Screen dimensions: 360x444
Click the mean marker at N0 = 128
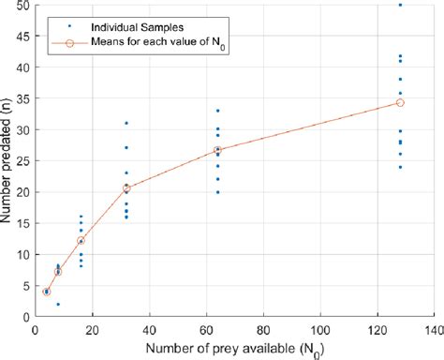coord(400,102)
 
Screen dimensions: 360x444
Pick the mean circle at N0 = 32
coord(126,188)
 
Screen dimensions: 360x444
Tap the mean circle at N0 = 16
coord(81,241)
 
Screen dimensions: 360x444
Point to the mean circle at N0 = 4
coord(47,292)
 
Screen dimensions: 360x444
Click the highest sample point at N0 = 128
coord(400,5)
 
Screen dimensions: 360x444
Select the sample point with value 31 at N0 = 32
coord(126,123)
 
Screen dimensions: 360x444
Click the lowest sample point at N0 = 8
coord(58,304)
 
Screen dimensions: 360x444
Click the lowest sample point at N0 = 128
coord(400,167)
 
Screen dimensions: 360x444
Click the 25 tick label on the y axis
coord(23,160)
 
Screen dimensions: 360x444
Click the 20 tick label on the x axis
coord(92,330)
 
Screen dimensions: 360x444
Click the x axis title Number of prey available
coord(234,349)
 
